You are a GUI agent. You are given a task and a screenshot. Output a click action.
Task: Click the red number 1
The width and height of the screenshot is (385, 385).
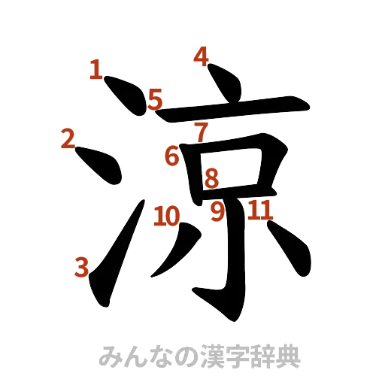[95, 71]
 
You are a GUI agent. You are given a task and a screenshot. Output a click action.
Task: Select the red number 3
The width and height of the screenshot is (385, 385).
[81, 265]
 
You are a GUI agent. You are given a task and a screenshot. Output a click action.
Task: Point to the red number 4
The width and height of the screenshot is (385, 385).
[201, 56]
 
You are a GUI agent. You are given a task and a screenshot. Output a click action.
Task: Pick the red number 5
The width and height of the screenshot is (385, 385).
[155, 99]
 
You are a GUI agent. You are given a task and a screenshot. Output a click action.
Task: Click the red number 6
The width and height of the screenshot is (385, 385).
[172, 156]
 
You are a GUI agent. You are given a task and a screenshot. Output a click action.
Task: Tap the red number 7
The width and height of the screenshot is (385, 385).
[201, 132]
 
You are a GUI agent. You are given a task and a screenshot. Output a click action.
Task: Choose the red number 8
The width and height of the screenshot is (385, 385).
[211, 178]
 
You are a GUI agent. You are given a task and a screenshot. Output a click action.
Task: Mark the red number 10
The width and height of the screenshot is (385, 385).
[167, 217]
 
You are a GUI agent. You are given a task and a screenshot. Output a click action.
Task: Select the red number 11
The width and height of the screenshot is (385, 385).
[259, 211]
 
